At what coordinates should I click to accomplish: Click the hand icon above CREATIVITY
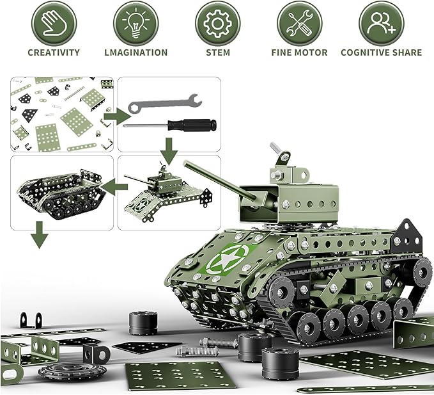[x=54, y=23]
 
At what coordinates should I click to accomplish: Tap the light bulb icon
[x=136, y=23]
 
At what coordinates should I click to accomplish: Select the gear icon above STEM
[x=217, y=23]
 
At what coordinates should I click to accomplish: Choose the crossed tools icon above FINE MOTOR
[x=299, y=23]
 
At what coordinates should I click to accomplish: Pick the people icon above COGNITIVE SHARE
[x=381, y=23]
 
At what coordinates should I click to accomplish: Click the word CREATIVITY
[x=54, y=52]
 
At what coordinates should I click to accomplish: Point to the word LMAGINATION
[x=136, y=52]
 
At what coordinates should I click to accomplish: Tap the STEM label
[x=217, y=52]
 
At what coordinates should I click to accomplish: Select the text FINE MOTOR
[x=299, y=52]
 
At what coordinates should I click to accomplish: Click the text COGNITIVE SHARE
[x=381, y=52]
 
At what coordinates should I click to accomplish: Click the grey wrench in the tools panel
[x=164, y=103]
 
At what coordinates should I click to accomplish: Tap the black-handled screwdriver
[x=171, y=124]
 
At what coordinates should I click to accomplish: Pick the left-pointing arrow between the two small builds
[x=114, y=186]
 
